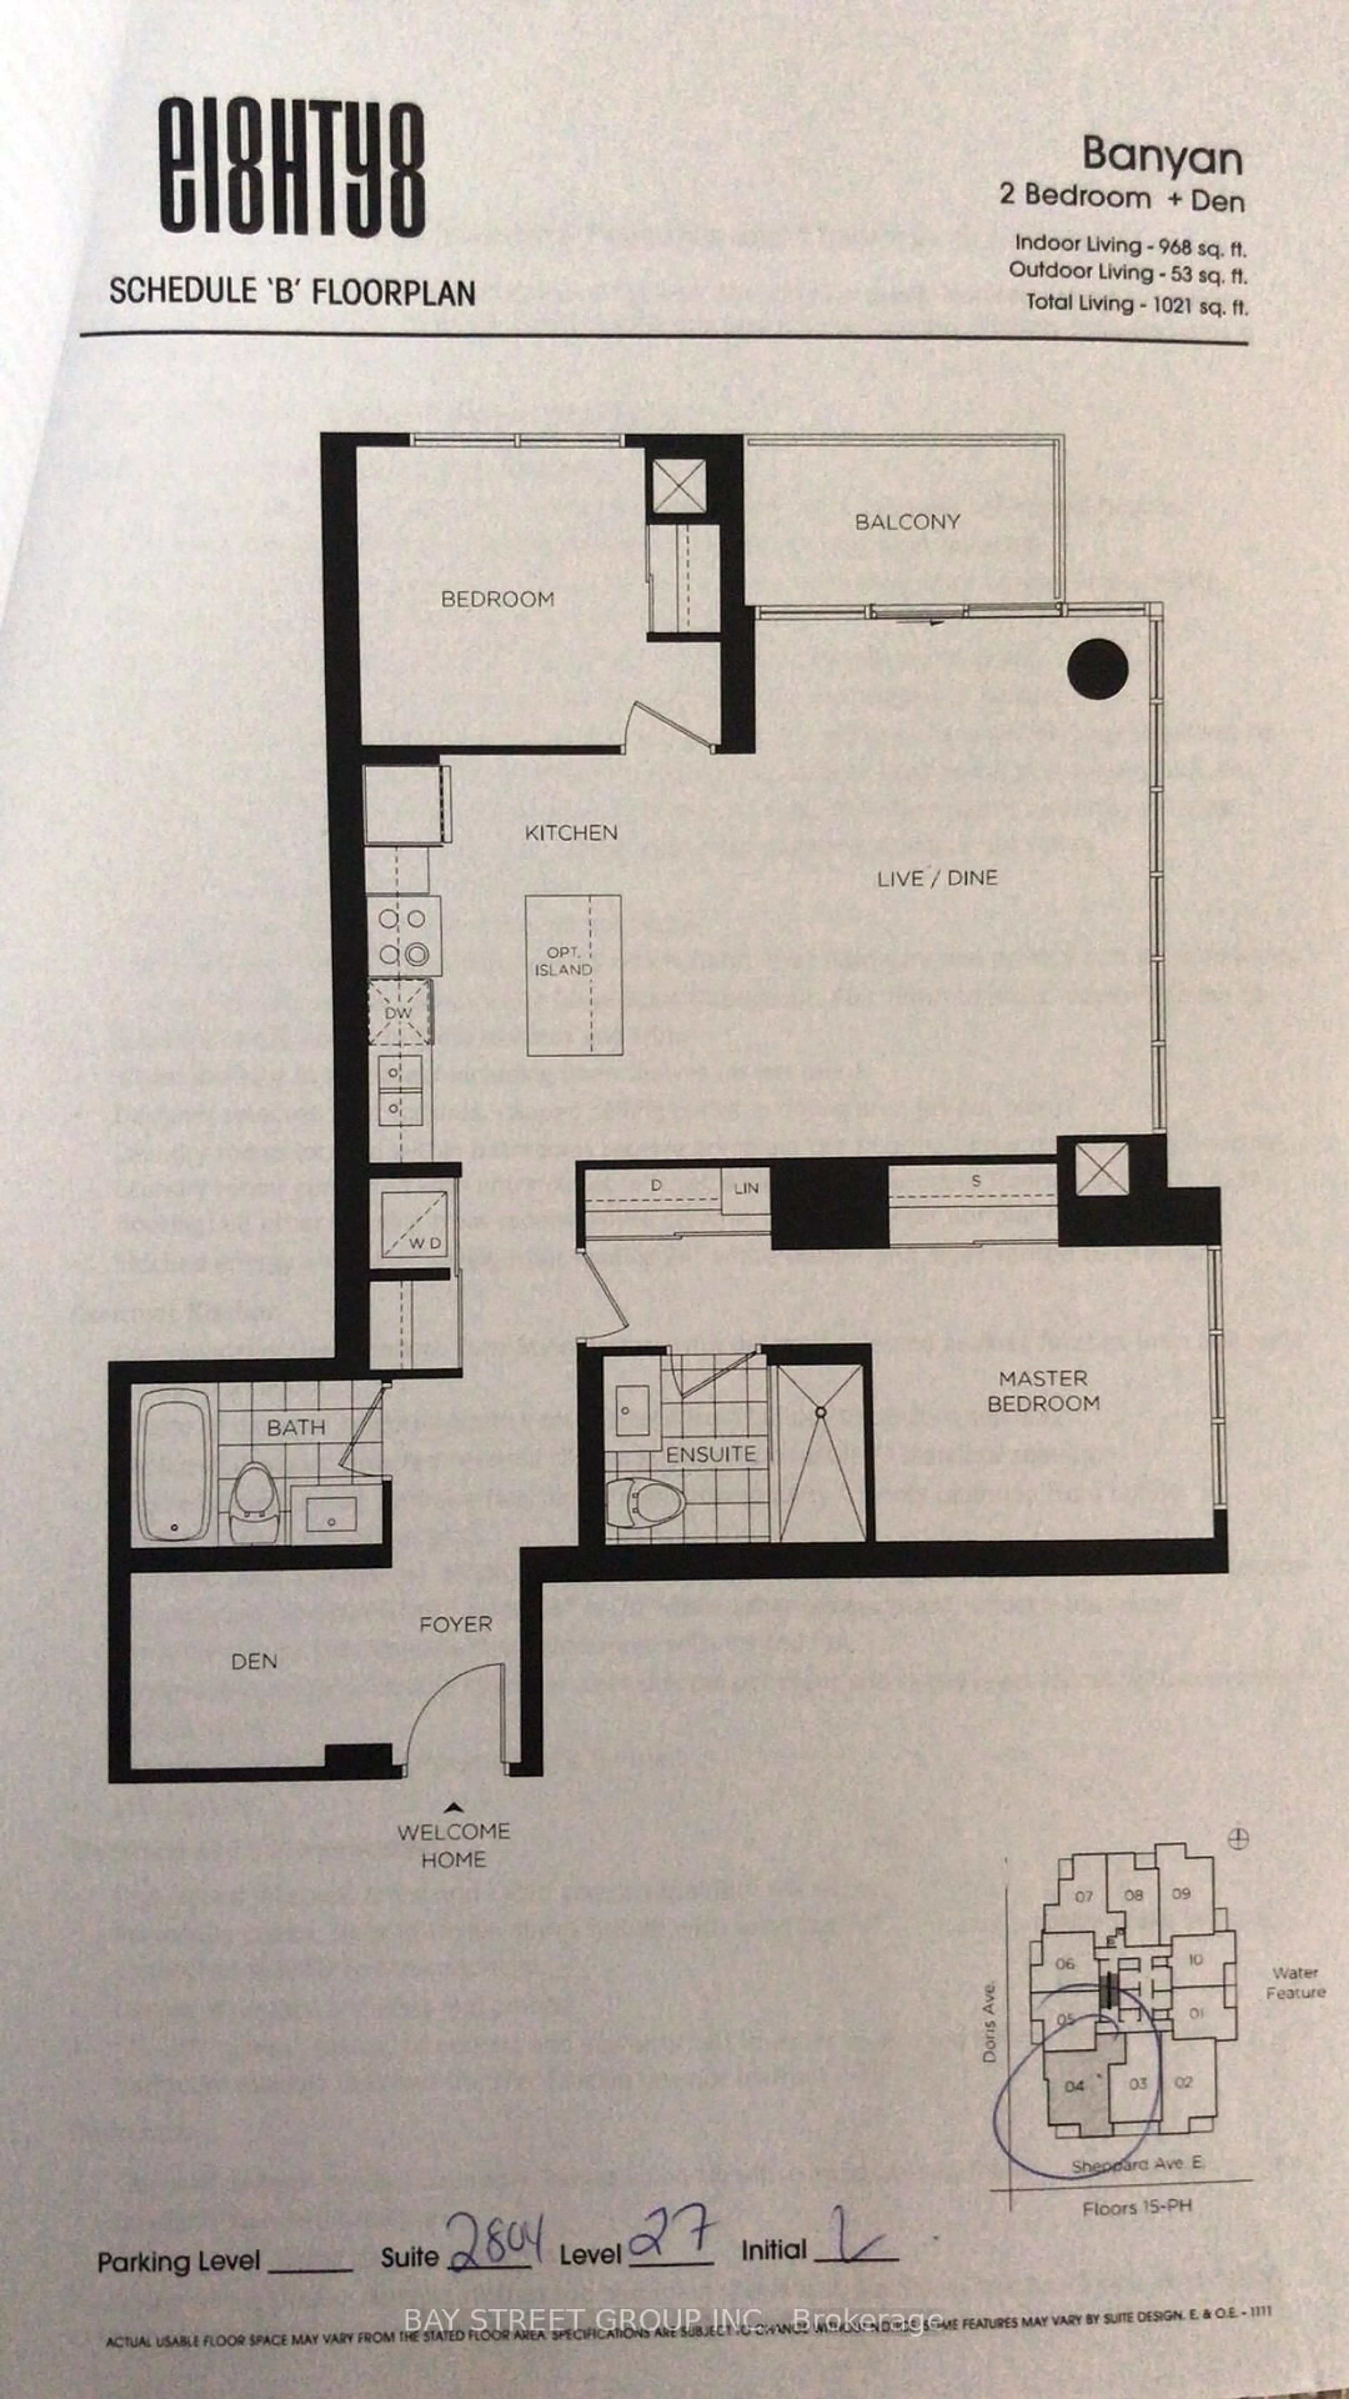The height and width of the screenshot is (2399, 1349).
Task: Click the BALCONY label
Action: coord(907,521)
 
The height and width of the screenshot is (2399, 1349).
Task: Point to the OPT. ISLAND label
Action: coord(563,961)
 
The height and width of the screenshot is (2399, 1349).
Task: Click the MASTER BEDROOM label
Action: coord(1043,1390)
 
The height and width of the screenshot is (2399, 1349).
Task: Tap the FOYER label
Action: coord(455,1624)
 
